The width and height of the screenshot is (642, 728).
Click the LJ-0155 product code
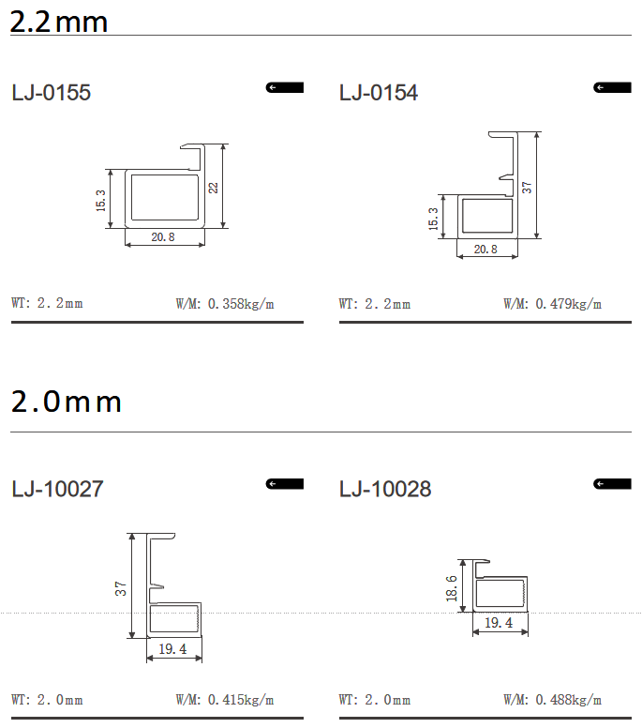(x=51, y=92)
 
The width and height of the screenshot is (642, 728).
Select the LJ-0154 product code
(x=379, y=92)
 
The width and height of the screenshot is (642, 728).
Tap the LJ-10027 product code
(x=57, y=489)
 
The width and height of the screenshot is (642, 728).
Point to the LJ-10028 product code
(x=385, y=489)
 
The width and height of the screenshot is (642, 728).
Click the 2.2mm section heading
(x=58, y=22)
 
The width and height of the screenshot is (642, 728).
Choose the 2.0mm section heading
(x=66, y=402)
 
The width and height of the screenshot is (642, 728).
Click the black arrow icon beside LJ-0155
(x=284, y=87)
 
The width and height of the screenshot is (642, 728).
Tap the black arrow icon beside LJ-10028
(x=612, y=484)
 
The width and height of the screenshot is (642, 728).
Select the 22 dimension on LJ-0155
(x=213, y=188)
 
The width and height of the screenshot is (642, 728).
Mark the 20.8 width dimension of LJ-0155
(x=163, y=236)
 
